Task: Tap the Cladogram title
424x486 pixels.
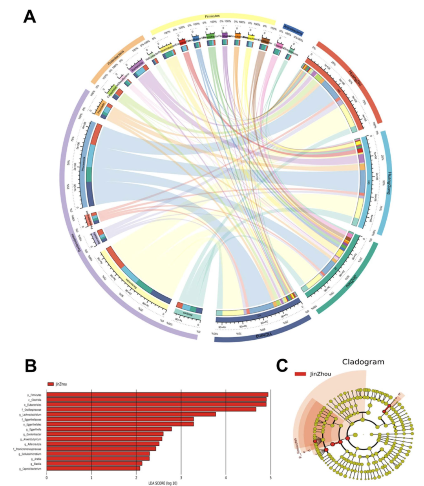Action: coord(363,361)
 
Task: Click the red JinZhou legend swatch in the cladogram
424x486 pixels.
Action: coord(300,374)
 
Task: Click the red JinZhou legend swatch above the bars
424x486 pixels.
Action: coord(50,384)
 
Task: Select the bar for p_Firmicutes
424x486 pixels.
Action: coord(157,395)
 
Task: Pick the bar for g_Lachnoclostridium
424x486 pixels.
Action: coord(131,414)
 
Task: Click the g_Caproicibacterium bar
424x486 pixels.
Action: coord(93,468)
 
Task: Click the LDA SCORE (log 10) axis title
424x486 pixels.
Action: coord(159,482)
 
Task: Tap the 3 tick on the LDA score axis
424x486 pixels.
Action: coord(181,477)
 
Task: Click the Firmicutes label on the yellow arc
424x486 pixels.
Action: coord(212,16)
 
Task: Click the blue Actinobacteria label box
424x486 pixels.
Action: coord(293,29)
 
